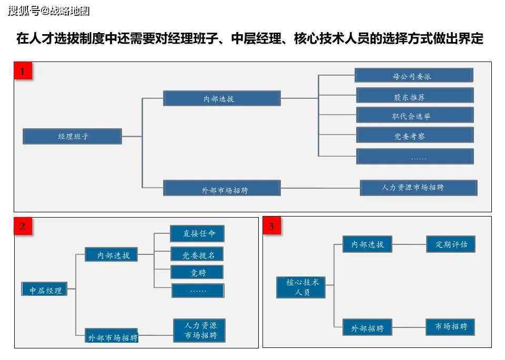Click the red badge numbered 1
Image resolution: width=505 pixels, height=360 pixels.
tap(23, 70)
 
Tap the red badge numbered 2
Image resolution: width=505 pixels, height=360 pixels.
tap(23, 226)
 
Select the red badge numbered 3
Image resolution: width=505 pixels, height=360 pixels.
tap(272, 225)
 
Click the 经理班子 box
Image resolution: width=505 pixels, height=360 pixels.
tap(73, 137)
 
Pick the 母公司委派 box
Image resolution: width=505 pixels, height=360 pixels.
tap(414, 76)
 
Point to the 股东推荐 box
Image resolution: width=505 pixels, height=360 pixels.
tap(415, 96)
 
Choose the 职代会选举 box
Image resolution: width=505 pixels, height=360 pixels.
tap(415, 116)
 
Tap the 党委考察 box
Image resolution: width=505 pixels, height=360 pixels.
tap(415, 136)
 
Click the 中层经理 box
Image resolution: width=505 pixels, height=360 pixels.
tap(44, 289)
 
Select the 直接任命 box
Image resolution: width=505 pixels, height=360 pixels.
tap(197, 233)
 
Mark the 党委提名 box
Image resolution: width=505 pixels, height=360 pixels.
tap(197, 254)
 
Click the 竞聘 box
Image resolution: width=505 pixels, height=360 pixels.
tap(197, 272)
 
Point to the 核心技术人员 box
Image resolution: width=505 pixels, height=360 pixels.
tap(301, 287)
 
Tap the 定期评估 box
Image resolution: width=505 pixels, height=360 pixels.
tap(451, 244)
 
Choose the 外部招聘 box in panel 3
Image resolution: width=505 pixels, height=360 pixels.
tap(368, 327)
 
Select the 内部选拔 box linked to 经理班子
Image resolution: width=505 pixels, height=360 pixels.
tap(222, 98)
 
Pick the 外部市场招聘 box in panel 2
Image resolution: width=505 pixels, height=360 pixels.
tap(112, 335)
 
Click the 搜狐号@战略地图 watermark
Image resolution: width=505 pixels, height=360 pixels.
tap(48, 11)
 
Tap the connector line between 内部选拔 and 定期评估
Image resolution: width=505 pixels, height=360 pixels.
tap(409, 244)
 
